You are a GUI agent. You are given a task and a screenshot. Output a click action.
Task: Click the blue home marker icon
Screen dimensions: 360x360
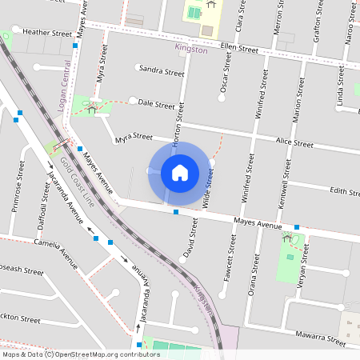pyautogui.click(x=180, y=172)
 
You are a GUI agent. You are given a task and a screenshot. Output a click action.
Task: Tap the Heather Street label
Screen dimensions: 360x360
pyautogui.click(x=48, y=33)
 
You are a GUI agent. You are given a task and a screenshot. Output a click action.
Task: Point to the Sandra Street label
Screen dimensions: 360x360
pyautogui.click(x=162, y=70)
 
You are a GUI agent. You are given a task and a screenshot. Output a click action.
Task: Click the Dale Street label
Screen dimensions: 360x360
pyautogui.click(x=156, y=104)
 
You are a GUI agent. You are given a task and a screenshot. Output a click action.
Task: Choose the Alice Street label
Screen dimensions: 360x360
pyautogui.click(x=294, y=142)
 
